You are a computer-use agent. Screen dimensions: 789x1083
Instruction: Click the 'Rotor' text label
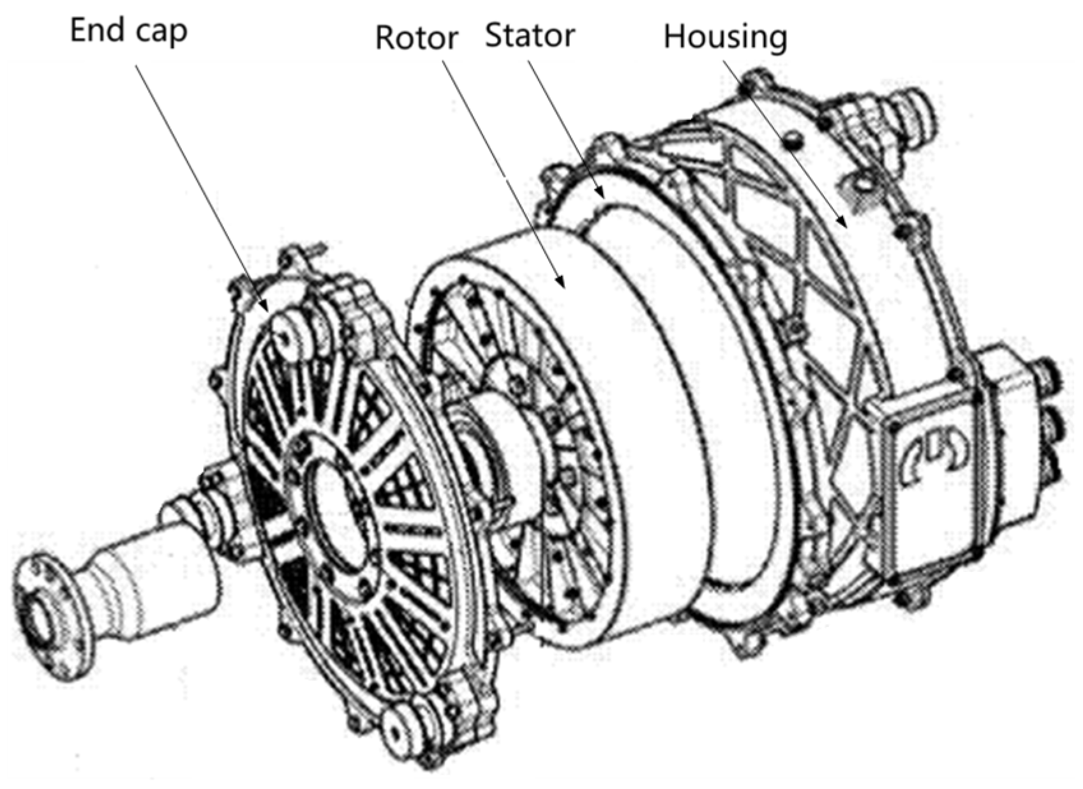click(x=416, y=38)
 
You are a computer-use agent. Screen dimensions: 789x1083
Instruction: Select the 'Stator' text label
click(x=530, y=35)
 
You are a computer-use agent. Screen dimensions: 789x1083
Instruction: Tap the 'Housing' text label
click(x=725, y=37)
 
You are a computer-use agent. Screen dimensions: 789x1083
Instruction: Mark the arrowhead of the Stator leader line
click(x=602, y=194)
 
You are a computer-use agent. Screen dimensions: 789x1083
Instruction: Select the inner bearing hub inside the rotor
click(x=498, y=447)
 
